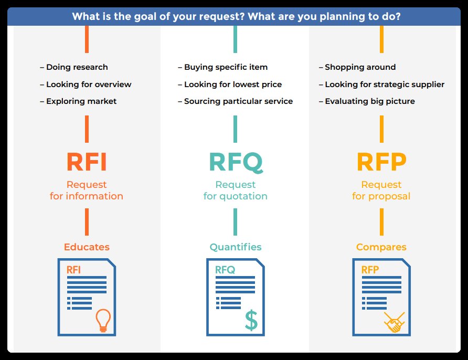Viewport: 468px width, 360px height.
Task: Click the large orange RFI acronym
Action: pyautogui.click(x=87, y=162)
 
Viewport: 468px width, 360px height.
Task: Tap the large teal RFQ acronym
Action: pyautogui.click(x=236, y=162)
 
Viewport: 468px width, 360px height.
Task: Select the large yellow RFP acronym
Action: pyautogui.click(x=381, y=162)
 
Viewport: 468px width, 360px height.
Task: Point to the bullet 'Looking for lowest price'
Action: pyautogui.click(x=232, y=84)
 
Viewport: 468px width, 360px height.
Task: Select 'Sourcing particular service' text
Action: pyautogui.click(x=238, y=101)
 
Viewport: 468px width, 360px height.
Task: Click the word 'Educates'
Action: pyautogui.click(x=87, y=247)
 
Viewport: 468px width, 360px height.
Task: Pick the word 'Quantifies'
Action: pyautogui.click(x=236, y=247)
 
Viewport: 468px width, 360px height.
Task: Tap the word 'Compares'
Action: pyautogui.click(x=381, y=247)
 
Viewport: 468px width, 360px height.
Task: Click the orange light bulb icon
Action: pyautogui.click(x=103, y=320)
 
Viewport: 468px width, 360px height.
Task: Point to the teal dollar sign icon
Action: pyautogui.click(x=251, y=320)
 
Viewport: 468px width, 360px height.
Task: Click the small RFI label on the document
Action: pyautogui.click(x=73, y=270)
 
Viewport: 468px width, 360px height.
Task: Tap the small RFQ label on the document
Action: pyautogui.click(x=225, y=270)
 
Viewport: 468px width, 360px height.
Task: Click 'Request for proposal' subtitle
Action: pyautogui.click(x=381, y=190)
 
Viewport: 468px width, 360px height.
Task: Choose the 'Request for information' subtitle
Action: pyautogui.click(x=87, y=190)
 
